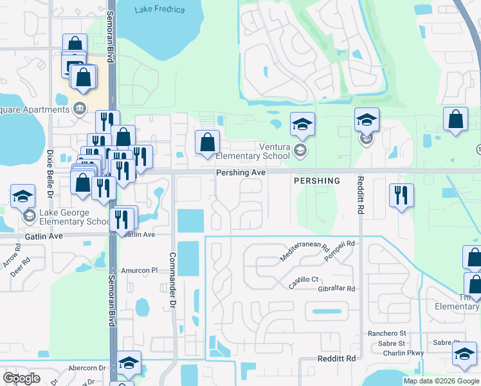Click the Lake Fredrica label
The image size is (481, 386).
pyautogui.click(x=160, y=10)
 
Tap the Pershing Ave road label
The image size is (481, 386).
pyautogui.click(x=240, y=172)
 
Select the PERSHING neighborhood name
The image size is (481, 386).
pyautogui.click(x=316, y=181)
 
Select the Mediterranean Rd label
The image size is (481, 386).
pyautogui.click(x=304, y=251)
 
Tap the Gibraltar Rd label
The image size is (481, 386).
pyautogui.click(x=336, y=289)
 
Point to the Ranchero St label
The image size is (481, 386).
pyautogui.click(x=386, y=333)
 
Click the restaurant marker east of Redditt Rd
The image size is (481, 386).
pyautogui.click(x=401, y=195)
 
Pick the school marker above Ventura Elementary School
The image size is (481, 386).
pyautogui.click(x=302, y=124)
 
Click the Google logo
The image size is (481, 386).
pyautogui.click(x=21, y=378)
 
